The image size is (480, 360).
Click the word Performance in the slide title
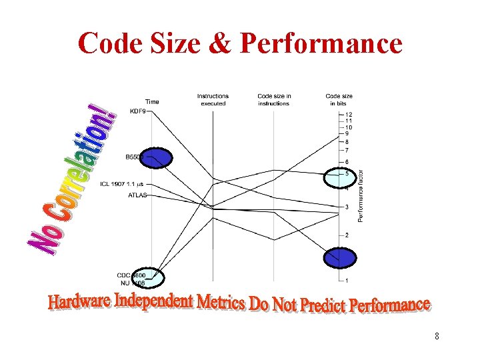(x=321, y=44)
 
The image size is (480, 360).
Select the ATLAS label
(x=137, y=195)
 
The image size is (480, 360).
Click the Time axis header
(x=152, y=101)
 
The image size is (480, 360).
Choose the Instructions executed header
(x=213, y=99)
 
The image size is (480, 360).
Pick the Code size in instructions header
(x=274, y=99)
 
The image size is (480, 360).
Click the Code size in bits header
(x=339, y=99)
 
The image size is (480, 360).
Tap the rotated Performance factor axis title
(x=361, y=195)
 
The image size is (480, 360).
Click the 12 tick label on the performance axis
(x=349, y=115)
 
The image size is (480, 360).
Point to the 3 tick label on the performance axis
(x=347, y=207)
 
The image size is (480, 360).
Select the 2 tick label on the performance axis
(x=347, y=235)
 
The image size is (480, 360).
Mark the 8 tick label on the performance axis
(x=347, y=141)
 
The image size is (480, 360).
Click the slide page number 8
(x=436, y=336)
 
